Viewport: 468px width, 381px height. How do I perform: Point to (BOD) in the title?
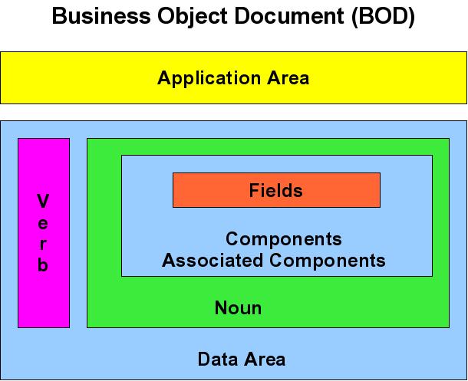(x=382, y=18)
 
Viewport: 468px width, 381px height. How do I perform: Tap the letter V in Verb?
(x=44, y=202)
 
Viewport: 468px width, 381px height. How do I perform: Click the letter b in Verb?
(x=44, y=266)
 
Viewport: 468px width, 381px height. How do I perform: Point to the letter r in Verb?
(x=44, y=245)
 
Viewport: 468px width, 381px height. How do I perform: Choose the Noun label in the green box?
(x=238, y=308)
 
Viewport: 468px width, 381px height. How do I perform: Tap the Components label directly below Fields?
(x=283, y=239)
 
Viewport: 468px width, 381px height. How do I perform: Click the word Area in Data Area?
(x=262, y=359)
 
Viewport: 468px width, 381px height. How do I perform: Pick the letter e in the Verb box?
(x=44, y=224)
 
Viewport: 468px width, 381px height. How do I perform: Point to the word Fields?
(x=276, y=190)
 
